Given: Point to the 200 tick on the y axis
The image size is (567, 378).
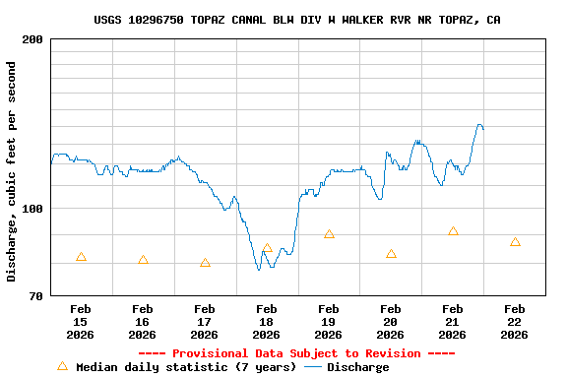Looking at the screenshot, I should (32, 39).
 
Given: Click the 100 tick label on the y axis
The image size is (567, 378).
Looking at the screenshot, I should (32, 209).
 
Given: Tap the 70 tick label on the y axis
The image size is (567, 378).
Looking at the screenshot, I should (36, 296).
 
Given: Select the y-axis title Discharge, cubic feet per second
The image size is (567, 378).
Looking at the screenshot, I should (12, 171).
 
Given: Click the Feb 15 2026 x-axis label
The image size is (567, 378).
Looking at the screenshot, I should (81, 321).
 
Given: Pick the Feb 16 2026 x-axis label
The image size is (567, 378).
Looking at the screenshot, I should (143, 321).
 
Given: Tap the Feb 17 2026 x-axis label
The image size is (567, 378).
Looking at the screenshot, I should (205, 321).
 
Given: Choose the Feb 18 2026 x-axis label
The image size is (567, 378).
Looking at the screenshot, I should (267, 321).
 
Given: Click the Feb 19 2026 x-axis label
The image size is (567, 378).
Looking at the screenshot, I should (329, 321).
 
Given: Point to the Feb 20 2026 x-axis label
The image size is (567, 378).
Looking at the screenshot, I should (391, 321).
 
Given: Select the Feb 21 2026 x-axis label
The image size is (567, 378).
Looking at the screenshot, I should (453, 321).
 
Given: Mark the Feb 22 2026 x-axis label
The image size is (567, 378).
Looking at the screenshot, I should (515, 321).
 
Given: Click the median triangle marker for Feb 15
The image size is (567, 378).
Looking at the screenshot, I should (81, 257).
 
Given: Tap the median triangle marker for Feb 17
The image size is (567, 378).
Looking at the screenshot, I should (205, 263).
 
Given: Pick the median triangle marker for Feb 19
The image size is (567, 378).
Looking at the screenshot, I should (329, 234).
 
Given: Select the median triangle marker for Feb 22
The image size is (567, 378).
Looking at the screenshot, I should (515, 242).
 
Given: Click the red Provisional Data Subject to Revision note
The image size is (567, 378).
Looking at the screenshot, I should (296, 353).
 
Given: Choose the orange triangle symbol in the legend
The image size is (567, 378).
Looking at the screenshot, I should (63, 366).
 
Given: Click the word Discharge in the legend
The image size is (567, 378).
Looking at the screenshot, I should (357, 367).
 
